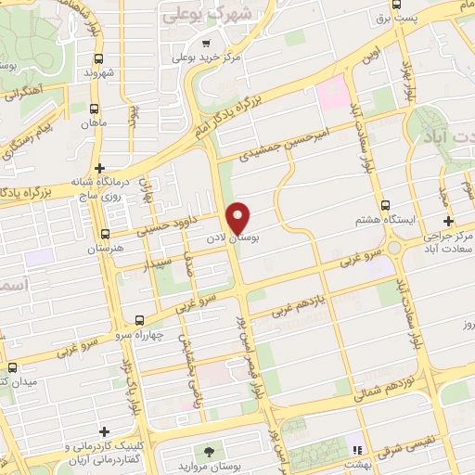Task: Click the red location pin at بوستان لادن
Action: pos(238,216)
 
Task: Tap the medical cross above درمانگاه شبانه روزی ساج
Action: pos(98,167)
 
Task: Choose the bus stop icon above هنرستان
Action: pos(105,235)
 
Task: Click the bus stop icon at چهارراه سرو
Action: pos(139,319)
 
